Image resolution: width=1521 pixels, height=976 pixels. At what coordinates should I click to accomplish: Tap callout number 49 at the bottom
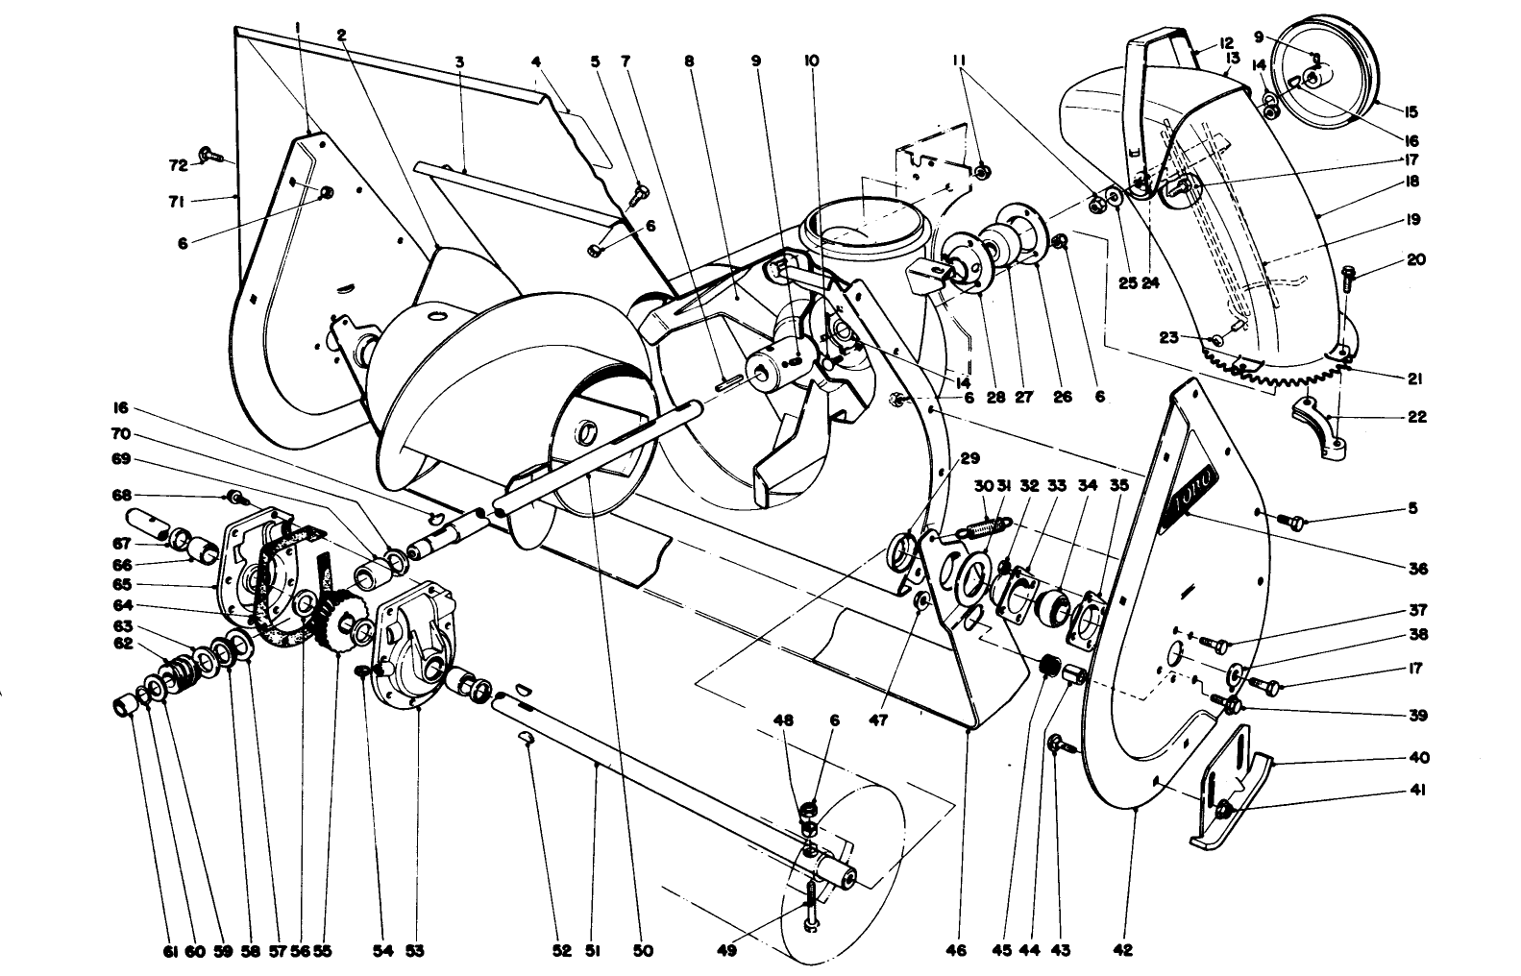[x=727, y=951]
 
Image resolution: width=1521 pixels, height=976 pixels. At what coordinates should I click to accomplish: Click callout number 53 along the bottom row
[x=414, y=951]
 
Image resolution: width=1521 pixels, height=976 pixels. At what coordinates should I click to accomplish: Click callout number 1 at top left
[x=298, y=28]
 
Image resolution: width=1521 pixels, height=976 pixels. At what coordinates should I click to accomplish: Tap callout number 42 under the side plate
[x=1123, y=951]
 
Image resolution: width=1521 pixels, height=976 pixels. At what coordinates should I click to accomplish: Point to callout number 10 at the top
[x=811, y=60]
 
